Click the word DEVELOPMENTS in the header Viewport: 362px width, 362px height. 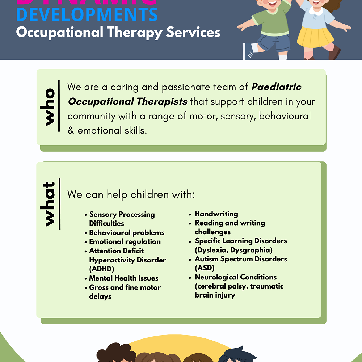[87, 14]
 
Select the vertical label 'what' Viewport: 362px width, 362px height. [49, 204]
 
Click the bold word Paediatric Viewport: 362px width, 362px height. [277, 87]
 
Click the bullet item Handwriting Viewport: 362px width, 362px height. [216, 214]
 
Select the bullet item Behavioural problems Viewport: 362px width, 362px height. [127, 232]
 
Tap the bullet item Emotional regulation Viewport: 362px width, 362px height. [125, 241]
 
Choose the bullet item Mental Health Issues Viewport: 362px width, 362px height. [124, 278]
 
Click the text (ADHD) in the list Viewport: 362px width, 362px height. [102, 269]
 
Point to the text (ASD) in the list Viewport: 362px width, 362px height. [205, 268]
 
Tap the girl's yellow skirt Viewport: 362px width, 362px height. [315, 36]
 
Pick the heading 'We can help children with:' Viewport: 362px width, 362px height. [131, 194]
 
